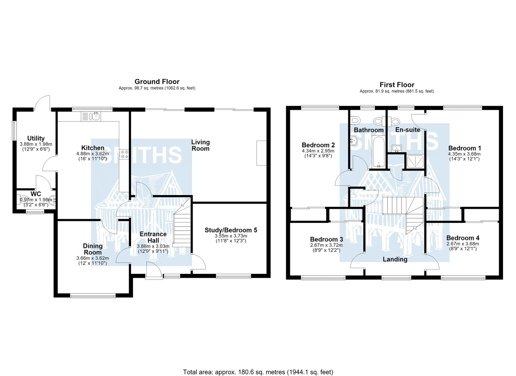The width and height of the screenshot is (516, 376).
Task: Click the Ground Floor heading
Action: (x=157, y=82)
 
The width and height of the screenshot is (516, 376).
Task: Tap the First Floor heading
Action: (x=397, y=85)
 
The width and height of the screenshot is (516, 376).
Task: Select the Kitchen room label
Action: (x=93, y=148)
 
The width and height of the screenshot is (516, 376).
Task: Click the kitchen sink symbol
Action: (x=91, y=116)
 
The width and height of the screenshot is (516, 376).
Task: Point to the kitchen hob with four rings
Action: (x=124, y=154)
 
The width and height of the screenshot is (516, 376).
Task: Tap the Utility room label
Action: (x=36, y=138)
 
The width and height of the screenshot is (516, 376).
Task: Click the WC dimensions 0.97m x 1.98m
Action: (x=36, y=200)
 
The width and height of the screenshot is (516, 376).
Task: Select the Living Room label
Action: (x=200, y=145)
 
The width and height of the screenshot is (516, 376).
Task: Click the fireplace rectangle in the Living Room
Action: (x=262, y=153)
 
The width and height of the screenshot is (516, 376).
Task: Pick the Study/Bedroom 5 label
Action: (x=231, y=230)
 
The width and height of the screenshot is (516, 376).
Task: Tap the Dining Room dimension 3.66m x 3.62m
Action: (x=93, y=258)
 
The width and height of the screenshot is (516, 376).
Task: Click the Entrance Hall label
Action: (x=153, y=237)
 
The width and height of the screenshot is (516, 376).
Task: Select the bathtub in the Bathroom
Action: (x=378, y=151)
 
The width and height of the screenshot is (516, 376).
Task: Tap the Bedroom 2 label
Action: (x=318, y=145)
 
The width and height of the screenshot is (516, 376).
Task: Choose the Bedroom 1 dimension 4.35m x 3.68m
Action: (x=464, y=154)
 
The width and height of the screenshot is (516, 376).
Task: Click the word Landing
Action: (x=395, y=259)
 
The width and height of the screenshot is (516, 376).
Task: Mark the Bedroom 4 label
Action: (x=463, y=238)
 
